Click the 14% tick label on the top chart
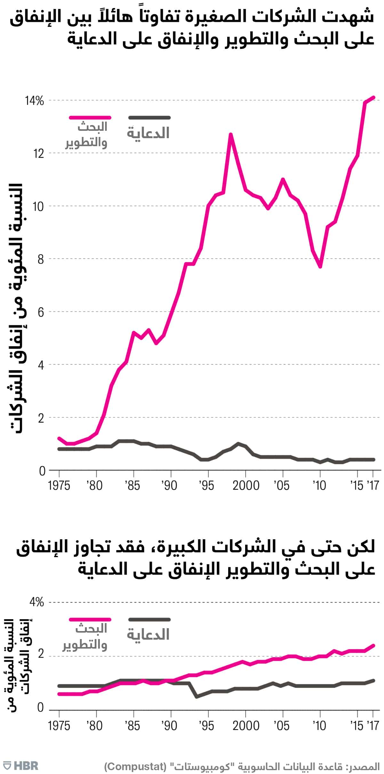click(34, 101)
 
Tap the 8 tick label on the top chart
click(40, 259)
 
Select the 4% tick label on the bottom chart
click(36, 602)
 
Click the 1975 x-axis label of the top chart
click(59, 486)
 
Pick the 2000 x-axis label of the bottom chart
click(245, 726)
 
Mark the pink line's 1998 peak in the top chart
click(230, 134)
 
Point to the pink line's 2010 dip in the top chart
click(320, 267)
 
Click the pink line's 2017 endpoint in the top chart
click(373, 97)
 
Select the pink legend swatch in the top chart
click(90, 118)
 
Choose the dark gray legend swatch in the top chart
click(149, 118)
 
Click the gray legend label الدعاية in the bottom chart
click(148, 635)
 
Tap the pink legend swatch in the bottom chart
click(90, 620)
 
